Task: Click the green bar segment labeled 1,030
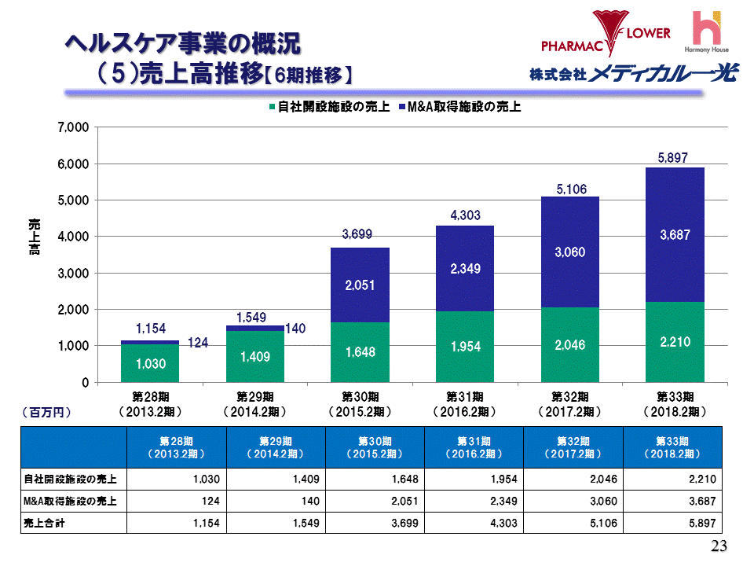click(150, 363)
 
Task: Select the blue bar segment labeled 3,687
click(674, 234)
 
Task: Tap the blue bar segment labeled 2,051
click(359, 285)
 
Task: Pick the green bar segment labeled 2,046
click(569, 345)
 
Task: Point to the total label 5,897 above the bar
click(674, 159)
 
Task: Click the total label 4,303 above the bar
click(464, 215)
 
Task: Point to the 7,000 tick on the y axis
click(71, 127)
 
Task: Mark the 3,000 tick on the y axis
click(71, 273)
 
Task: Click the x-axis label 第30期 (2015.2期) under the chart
click(359, 403)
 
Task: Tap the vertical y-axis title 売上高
click(35, 237)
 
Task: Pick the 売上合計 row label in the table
click(44, 523)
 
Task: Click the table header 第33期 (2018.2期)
click(674, 447)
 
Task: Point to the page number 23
click(719, 547)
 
